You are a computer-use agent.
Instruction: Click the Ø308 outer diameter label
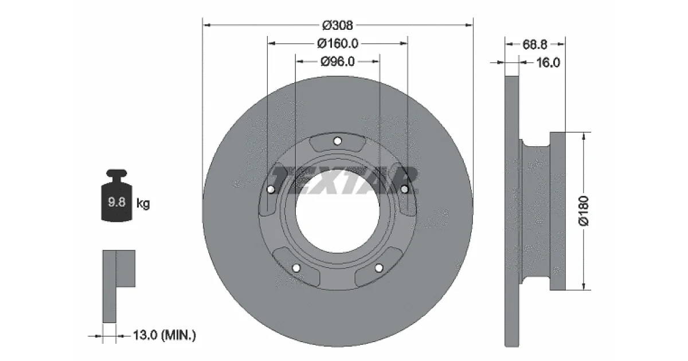click(338, 25)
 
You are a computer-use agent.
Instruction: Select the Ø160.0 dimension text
click(338, 44)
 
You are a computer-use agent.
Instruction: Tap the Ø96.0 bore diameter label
click(338, 62)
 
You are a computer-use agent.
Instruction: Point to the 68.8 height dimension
click(535, 45)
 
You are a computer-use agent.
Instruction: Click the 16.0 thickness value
click(548, 62)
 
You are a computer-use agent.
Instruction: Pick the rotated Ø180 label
click(584, 211)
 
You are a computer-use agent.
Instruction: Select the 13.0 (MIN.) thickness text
click(165, 335)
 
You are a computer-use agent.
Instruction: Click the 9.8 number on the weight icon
click(117, 202)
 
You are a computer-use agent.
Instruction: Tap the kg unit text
click(143, 203)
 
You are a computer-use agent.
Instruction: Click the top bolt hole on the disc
click(338, 141)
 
